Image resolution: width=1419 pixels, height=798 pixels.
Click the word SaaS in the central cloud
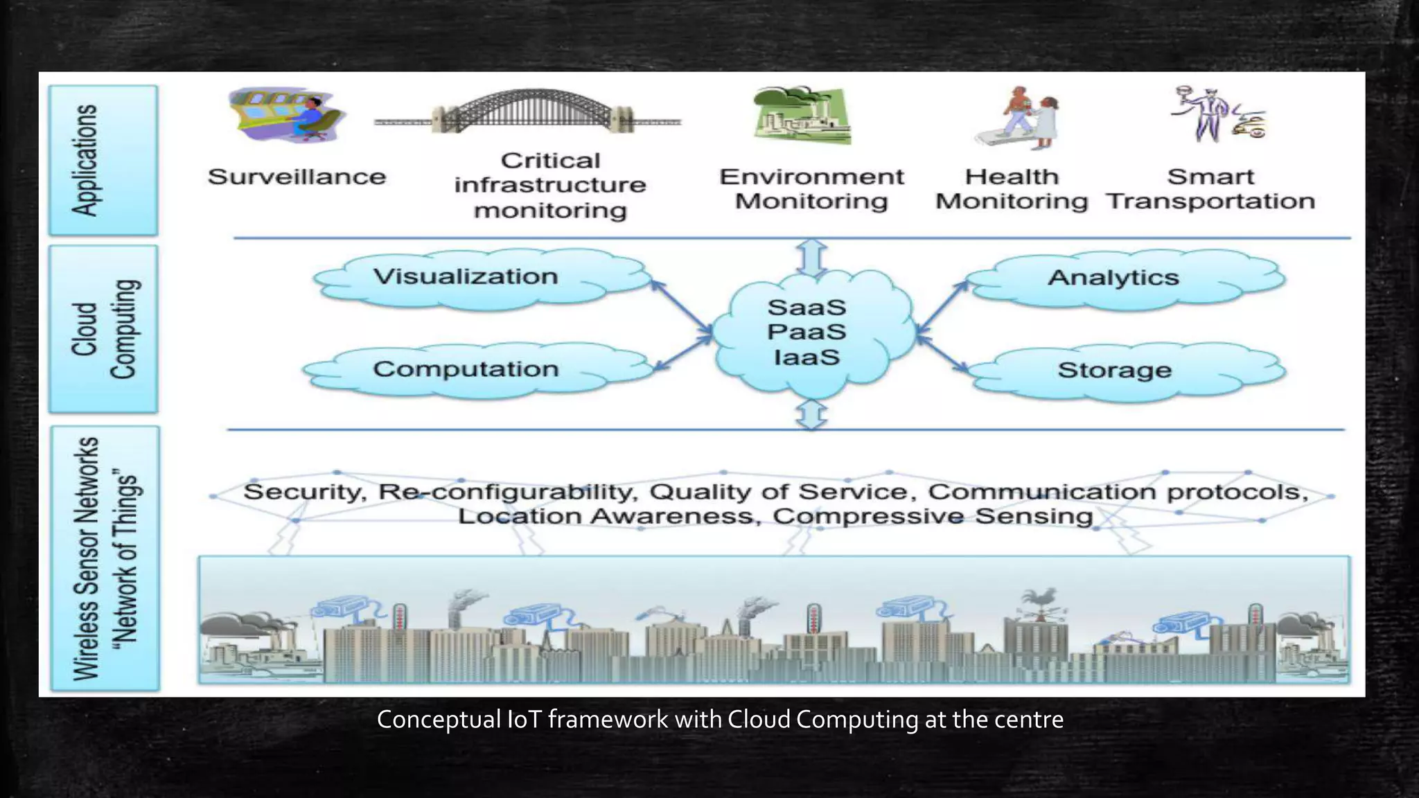point(807,308)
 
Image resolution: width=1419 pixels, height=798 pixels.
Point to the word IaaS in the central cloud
point(807,357)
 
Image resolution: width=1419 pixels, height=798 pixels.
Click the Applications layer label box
point(103,160)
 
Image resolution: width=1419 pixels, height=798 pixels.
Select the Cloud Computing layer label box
point(103,329)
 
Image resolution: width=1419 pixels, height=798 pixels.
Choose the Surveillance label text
point(297,177)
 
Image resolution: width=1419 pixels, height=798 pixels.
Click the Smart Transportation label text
point(1210,189)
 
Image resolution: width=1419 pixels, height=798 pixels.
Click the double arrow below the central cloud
point(811,415)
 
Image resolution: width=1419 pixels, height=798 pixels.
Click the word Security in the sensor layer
point(303,493)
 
